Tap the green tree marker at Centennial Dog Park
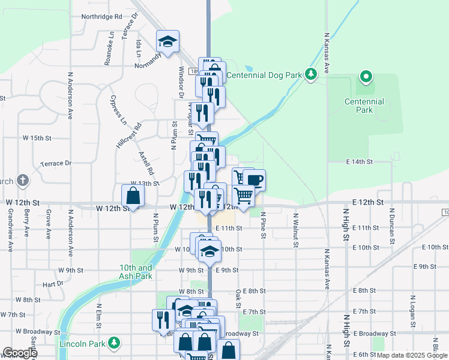pos(310,74)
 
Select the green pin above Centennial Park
pos(366,77)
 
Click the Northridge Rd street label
pos(101,17)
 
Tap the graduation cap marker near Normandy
pos(168,41)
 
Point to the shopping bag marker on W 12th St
pos(133,196)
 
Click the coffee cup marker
pos(255,180)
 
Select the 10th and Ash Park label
pos(136,272)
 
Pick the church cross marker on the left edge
pos(22,180)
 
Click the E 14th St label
pos(359,162)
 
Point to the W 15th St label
pos(37,138)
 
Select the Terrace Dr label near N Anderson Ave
pos(56,163)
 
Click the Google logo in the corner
pos(19,353)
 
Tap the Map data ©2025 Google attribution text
pos(411,355)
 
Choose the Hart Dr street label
pos(53,284)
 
